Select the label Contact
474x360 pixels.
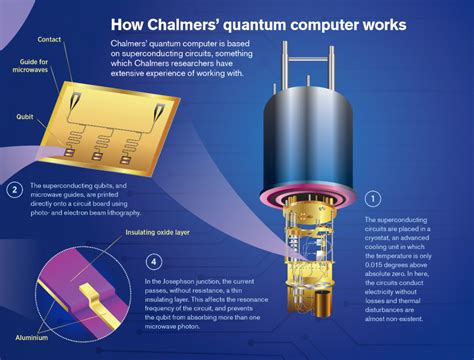coord(49,39)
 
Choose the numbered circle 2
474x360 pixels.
coord(14,189)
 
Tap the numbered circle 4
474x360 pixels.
coord(153,263)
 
